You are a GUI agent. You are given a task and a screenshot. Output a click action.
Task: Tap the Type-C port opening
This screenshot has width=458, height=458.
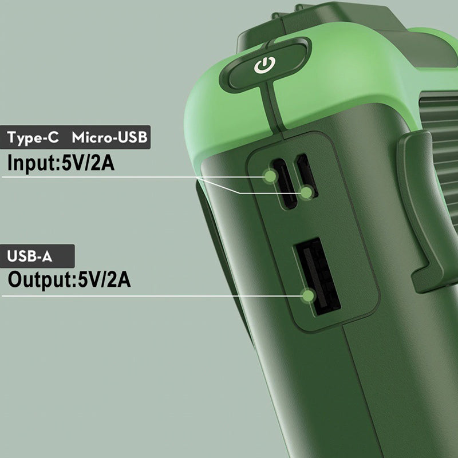click(x=285, y=183)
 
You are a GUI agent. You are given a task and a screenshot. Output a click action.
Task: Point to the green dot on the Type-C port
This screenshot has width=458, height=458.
click(x=270, y=176)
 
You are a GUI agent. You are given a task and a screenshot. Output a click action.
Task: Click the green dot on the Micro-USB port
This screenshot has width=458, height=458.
click(x=307, y=193)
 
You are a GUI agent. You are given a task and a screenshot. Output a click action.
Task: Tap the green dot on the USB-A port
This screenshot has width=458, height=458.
click(x=308, y=295)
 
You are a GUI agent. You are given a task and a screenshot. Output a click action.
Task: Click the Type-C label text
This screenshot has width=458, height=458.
click(x=33, y=137)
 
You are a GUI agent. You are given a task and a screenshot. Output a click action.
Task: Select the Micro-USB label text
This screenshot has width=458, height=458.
click(x=109, y=137)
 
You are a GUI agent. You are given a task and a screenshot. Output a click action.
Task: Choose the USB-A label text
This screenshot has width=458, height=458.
click(x=30, y=256)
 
